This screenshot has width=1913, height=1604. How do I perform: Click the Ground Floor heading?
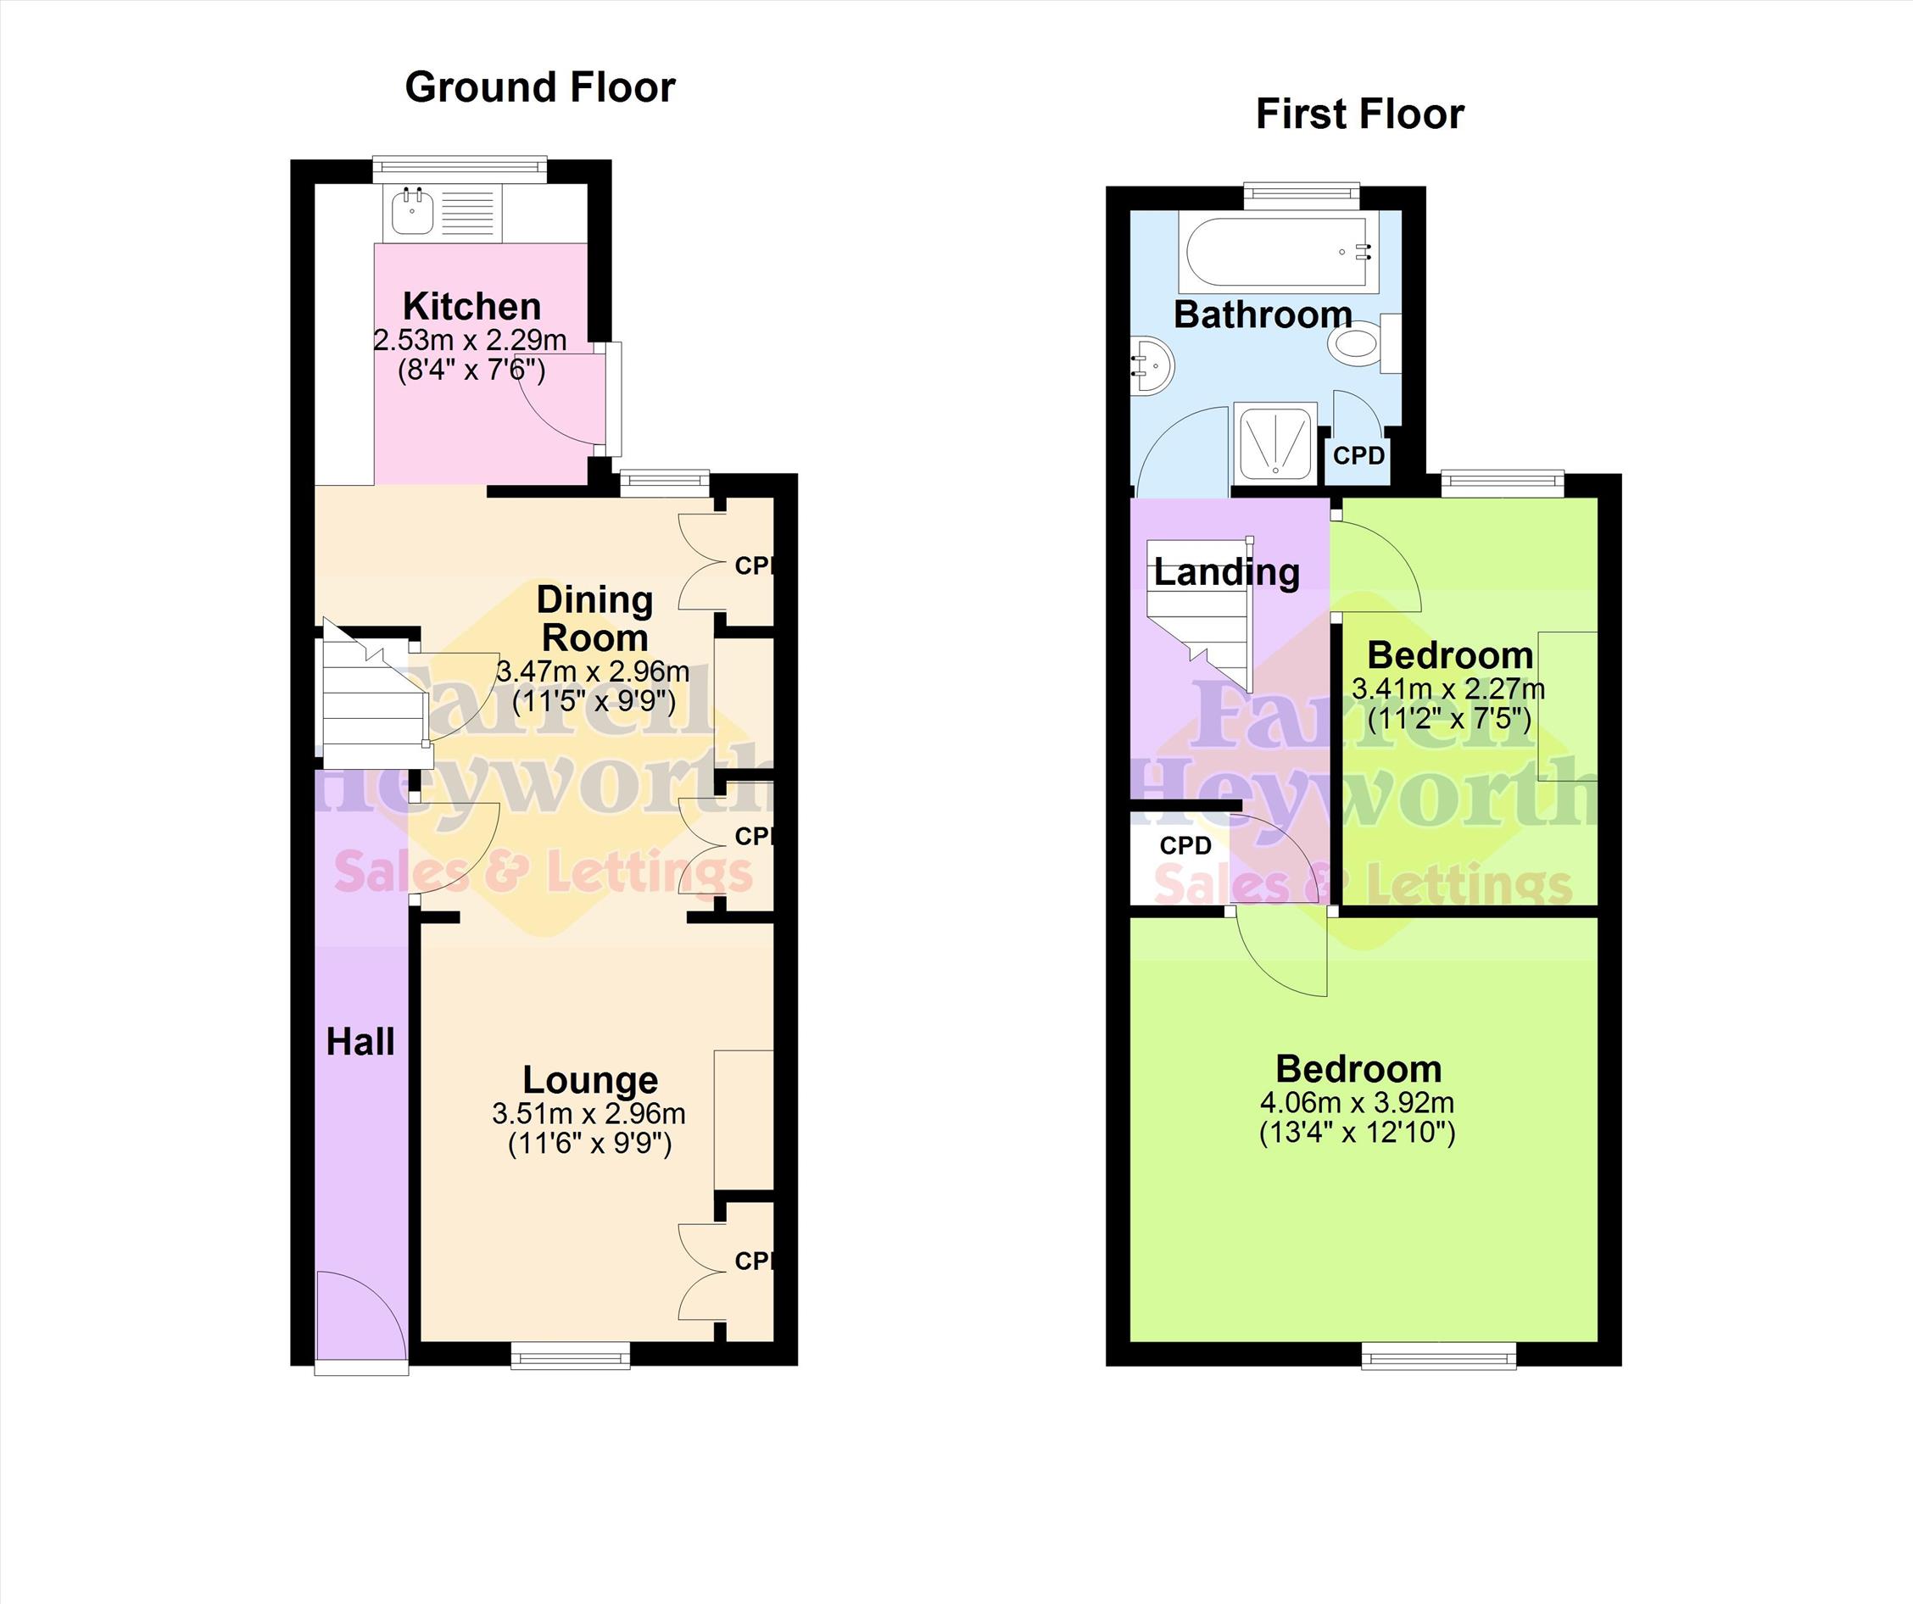pos(540,87)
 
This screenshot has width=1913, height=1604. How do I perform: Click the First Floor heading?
pos(1360,114)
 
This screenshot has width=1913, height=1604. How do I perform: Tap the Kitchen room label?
pos(471,306)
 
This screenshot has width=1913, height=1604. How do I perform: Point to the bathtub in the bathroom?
pos(1278,253)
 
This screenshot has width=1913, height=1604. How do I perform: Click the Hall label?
pos(360,1041)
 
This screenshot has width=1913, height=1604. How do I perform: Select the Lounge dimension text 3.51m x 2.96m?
pos(588,1113)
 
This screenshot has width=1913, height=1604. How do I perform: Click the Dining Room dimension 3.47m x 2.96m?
pos(593,672)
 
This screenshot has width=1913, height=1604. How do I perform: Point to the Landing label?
pos(1226,573)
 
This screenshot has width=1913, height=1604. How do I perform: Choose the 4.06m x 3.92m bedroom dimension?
pos(1358,1102)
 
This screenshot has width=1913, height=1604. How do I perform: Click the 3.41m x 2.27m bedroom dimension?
pos(1448,688)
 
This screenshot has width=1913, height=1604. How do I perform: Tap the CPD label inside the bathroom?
pos(1359,454)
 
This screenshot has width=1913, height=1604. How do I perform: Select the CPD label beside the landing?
pos(1186,845)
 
